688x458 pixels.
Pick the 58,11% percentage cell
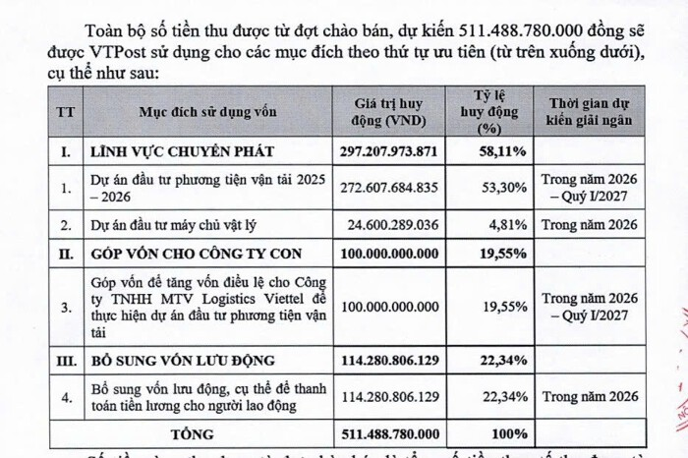coord(489,151)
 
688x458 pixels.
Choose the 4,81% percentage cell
coord(489,225)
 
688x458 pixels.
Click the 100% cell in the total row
coord(489,432)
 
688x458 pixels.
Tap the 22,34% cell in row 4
coord(489,397)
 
